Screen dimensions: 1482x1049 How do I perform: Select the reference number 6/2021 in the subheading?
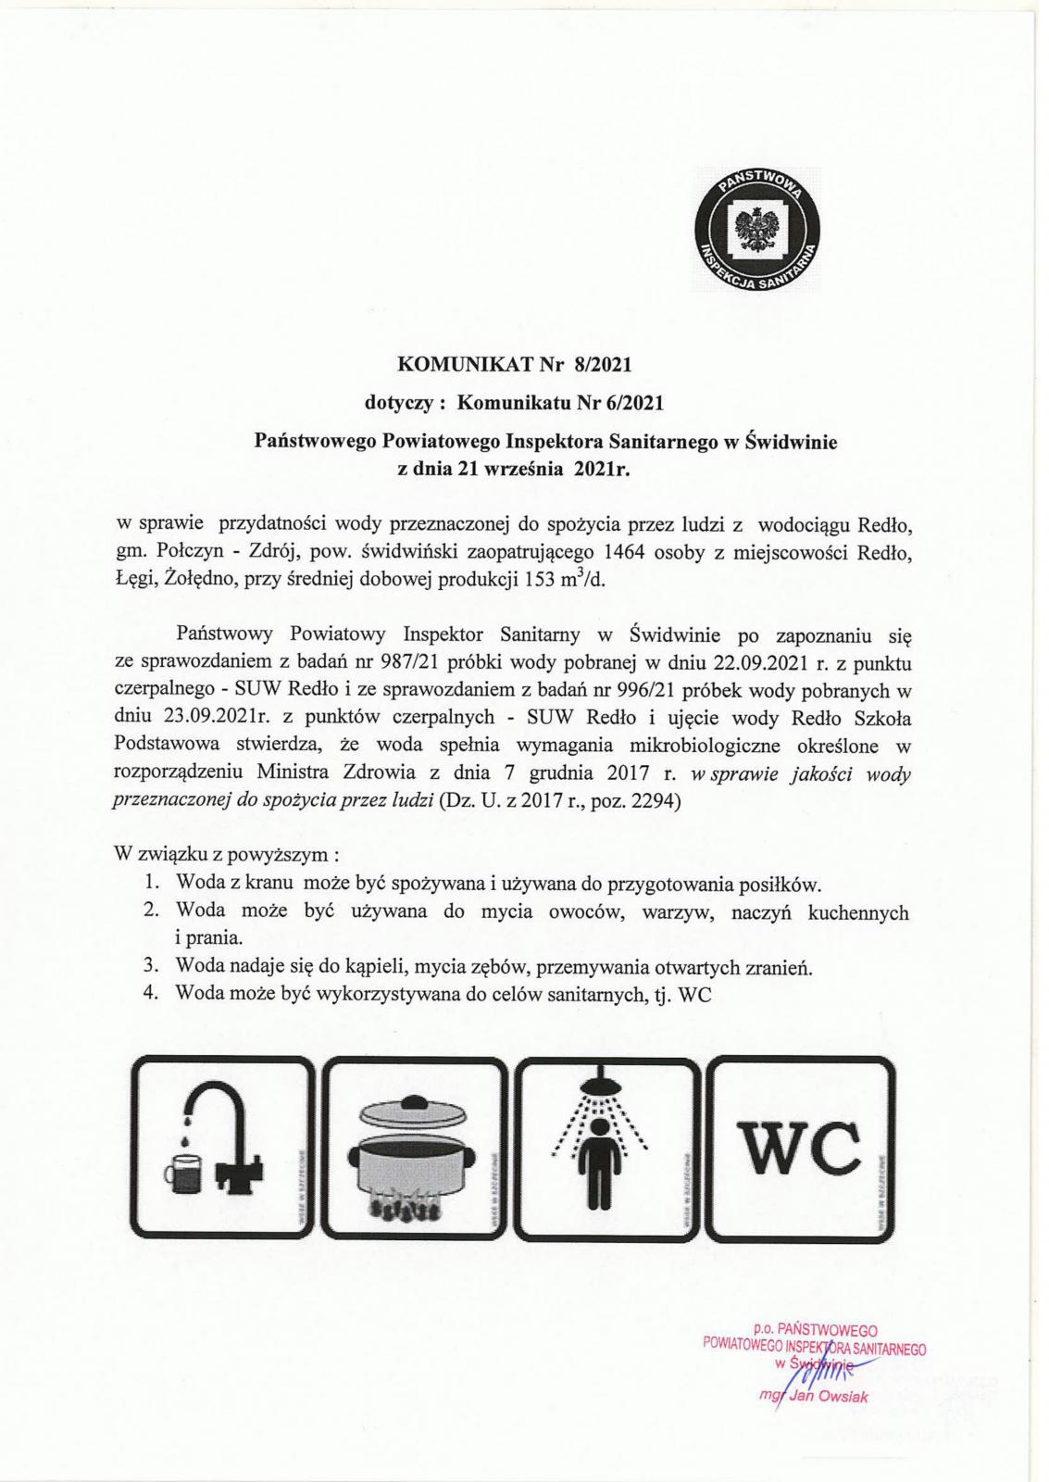[x=634, y=403]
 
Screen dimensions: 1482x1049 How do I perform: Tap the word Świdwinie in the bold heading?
[x=792, y=442]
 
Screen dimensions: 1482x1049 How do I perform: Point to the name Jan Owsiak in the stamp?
[x=827, y=1398]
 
